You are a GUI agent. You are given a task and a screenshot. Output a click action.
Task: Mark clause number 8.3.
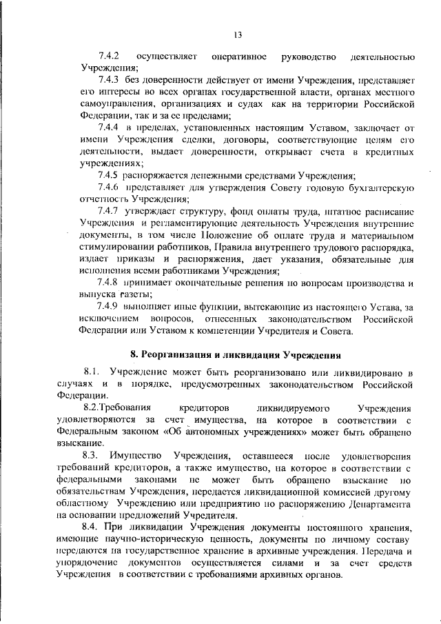(92, 456)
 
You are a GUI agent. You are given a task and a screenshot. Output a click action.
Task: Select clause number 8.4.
(92, 527)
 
